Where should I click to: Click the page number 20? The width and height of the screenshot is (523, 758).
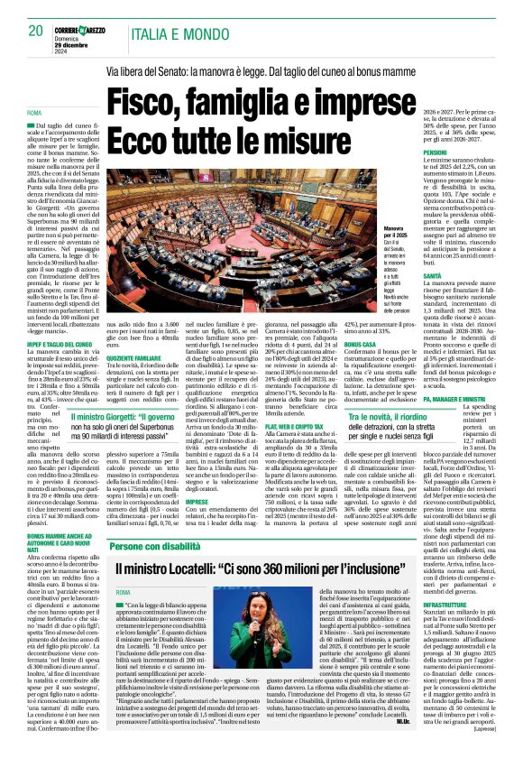coord(36,32)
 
